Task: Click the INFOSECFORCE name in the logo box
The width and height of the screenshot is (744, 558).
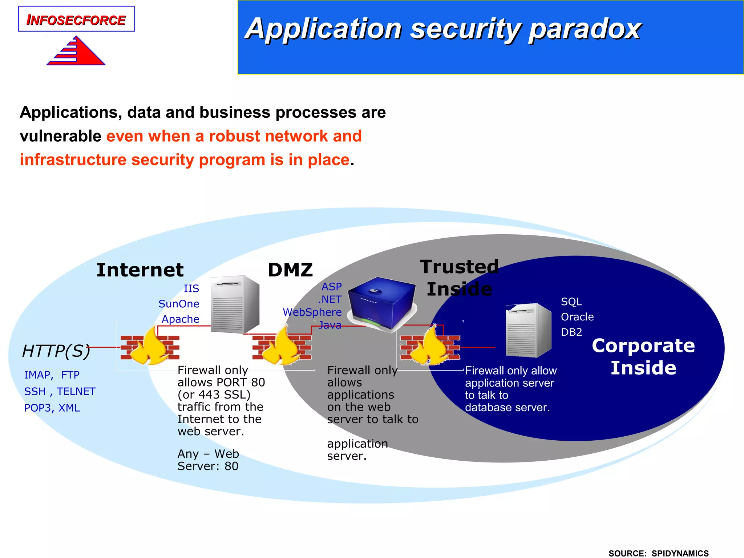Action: click(x=76, y=20)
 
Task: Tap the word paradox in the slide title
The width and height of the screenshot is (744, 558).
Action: click(x=585, y=29)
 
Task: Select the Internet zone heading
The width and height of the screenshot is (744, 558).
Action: click(x=140, y=270)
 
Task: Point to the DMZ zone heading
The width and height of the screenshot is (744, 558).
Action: click(x=290, y=270)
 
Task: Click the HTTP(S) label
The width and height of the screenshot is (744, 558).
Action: click(x=56, y=351)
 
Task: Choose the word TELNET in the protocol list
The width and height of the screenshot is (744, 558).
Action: click(x=76, y=391)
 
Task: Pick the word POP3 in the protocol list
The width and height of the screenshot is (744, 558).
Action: click(x=35, y=408)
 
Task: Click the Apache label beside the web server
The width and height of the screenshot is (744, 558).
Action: click(x=181, y=319)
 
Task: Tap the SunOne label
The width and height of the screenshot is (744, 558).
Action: click(x=179, y=304)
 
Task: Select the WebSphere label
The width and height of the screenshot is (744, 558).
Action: click(x=312, y=312)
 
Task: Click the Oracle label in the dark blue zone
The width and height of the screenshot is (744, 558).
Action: click(x=577, y=317)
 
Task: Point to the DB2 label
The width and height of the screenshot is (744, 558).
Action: click(x=571, y=332)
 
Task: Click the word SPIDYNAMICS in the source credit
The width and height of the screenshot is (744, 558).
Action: click(x=680, y=553)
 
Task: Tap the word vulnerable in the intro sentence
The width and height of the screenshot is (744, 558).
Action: click(x=60, y=136)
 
